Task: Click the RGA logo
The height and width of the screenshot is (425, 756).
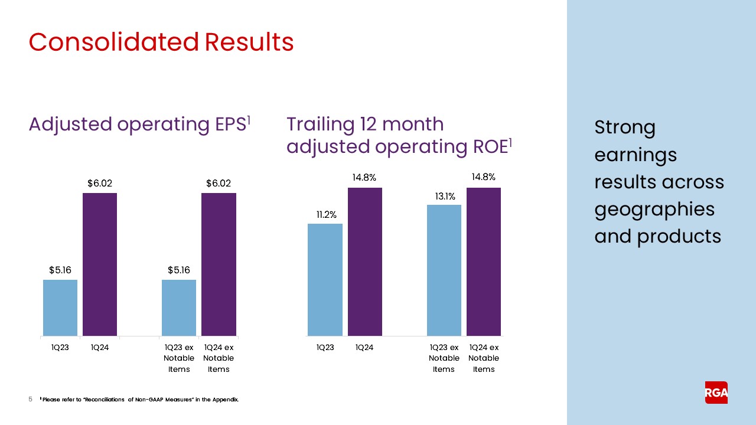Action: point(716,393)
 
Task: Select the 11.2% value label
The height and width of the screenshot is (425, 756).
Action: point(327,215)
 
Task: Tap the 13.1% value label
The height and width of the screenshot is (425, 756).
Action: point(445,197)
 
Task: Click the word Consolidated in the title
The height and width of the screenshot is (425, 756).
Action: point(113,42)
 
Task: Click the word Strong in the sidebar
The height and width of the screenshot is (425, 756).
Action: point(625,128)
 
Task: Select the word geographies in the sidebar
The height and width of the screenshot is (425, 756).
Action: point(654,210)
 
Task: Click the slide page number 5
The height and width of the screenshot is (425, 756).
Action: point(31,400)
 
